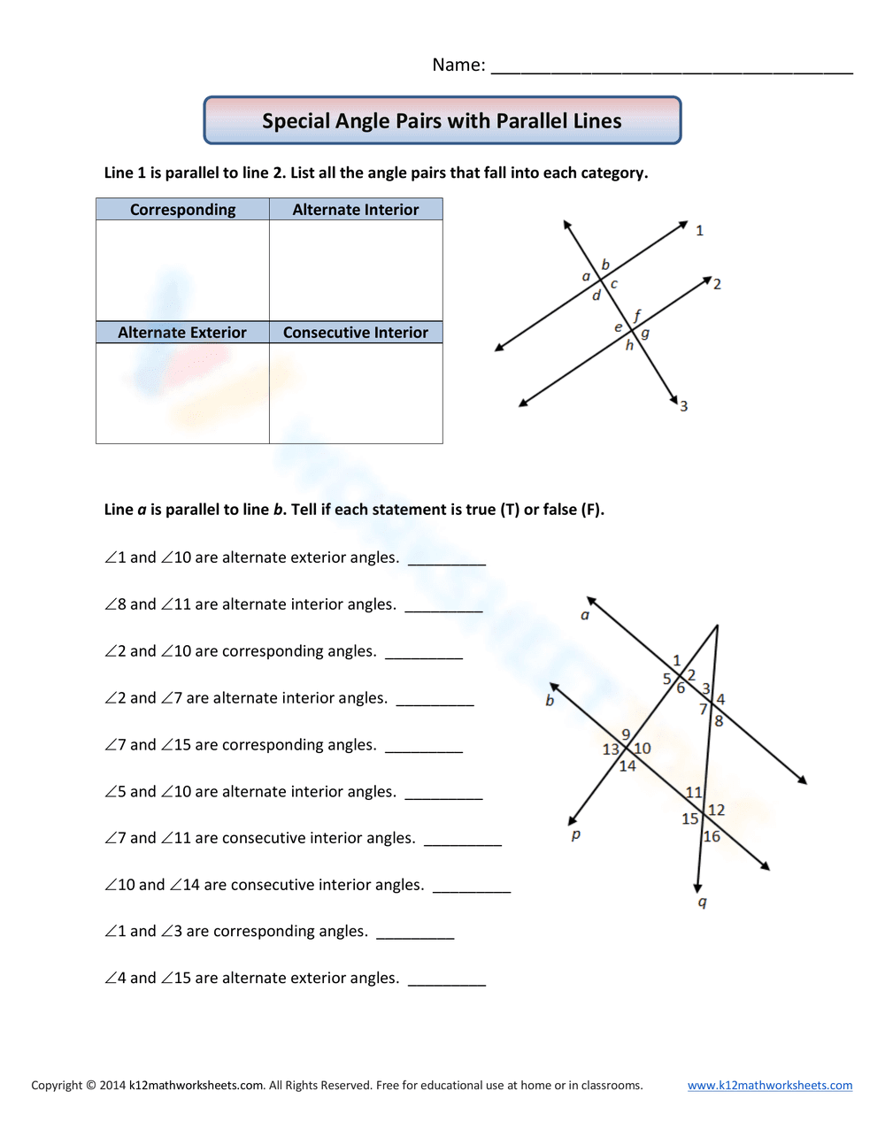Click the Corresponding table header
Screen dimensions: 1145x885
pyautogui.click(x=182, y=210)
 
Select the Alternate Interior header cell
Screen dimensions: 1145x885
pyautogui.click(x=356, y=210)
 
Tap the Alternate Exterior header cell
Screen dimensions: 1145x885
pyautogui.click(x=182, y=333)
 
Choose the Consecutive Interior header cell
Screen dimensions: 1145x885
pyautogui.click(x=356, y=333)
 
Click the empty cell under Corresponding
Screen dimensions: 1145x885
pyautogui.click(x=182, y=270)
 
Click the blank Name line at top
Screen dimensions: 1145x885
pyautogui.click(x=671, y=67)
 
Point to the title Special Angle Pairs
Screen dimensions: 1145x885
pyautogui.click(x=442, y=121)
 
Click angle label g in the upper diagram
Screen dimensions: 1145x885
pyautogui.click(x=645, y=333)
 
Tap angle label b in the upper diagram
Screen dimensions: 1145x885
pyautogui.click(x=605, y=265)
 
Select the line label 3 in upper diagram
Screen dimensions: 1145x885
pyautogui.click(x=683, y=406)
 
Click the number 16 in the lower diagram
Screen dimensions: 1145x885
pyautogui.click(x=712, y=837)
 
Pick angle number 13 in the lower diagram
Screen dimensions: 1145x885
pyautogui.click(x=611, y=749)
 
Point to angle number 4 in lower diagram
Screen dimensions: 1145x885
pyautogui.click(x=720, y=699)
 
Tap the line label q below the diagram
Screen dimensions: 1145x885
pyautogui.click(x=703, y=902)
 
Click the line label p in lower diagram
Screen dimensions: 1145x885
pyautogui.click(x=576, y=834)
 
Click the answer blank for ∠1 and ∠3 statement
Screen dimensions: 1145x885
pyautogui.click(x=415, y=934)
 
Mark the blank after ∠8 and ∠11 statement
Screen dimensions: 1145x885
pyautogui.click(x=443, y=607)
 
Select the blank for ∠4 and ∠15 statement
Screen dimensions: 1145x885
pyautogui.click(x=447, y=980)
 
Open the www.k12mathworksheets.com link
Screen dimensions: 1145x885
pyautogui.click(x=770, y=1085)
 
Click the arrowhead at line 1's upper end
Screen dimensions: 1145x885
pyautogui.click(x=683, y=225)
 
